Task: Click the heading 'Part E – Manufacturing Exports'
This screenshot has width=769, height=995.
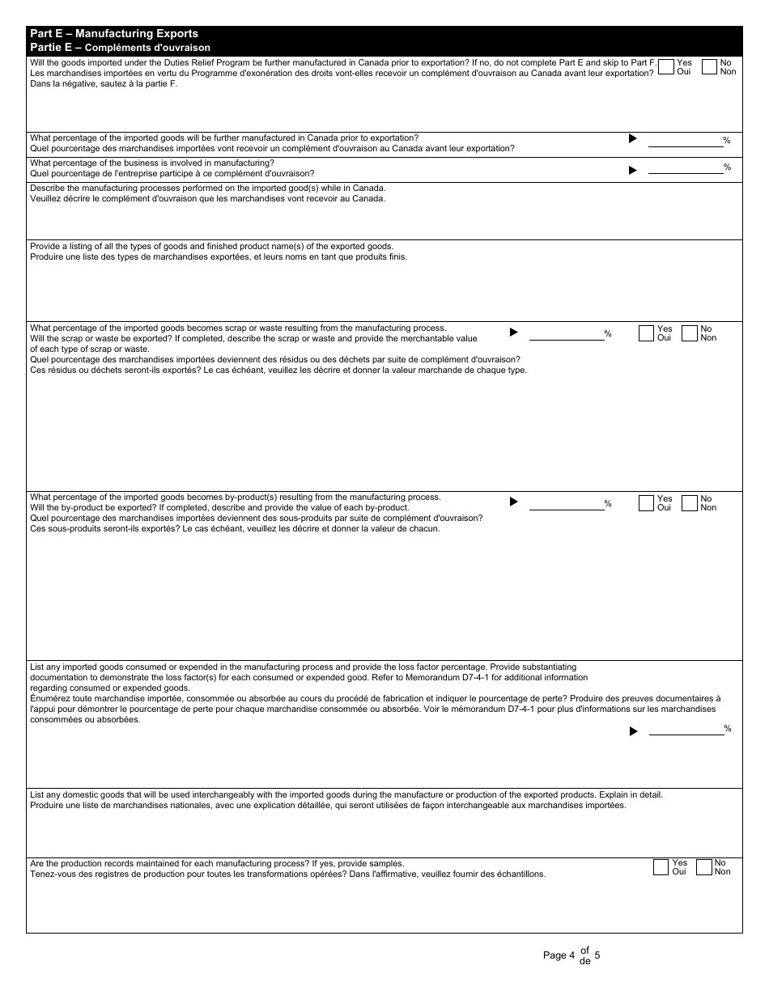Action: click(113, 34)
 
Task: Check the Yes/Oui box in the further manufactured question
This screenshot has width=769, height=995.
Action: click(667, 67)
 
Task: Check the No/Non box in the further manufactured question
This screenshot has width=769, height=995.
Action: click(710, 67)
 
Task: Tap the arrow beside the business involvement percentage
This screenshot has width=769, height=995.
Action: click(633, 170)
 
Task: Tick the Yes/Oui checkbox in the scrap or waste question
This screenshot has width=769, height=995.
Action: click(646, 333)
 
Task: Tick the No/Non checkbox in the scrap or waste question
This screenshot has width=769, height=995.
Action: click(690, 333)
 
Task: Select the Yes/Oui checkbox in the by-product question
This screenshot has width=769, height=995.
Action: click(646, 503)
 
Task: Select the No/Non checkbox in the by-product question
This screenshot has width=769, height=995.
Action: click(690, 503)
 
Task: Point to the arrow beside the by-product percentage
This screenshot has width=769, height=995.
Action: click(513, 502)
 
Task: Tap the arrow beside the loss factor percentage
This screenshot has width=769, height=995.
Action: click(633, 731)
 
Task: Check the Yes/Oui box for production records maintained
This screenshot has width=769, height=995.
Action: click(661, 867)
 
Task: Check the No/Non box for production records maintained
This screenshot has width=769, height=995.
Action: click(703, 867)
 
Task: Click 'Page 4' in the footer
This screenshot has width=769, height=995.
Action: click(559, 955)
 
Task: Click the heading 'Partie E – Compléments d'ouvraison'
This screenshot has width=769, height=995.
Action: click(120, 48)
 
